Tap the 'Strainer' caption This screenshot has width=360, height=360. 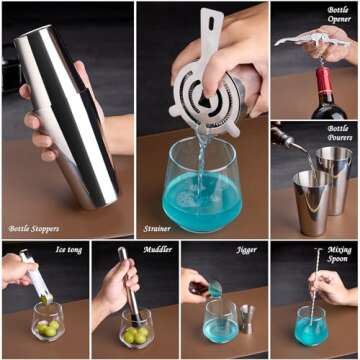tap(156, 229)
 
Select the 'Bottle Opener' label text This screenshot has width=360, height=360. tap(337, 15)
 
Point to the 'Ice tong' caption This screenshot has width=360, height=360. tap(68, 249)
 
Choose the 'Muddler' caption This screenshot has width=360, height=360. tap(157, 249)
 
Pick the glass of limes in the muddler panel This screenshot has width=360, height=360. tap(135, 327)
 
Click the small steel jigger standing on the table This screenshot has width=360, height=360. tap(245, 321)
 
